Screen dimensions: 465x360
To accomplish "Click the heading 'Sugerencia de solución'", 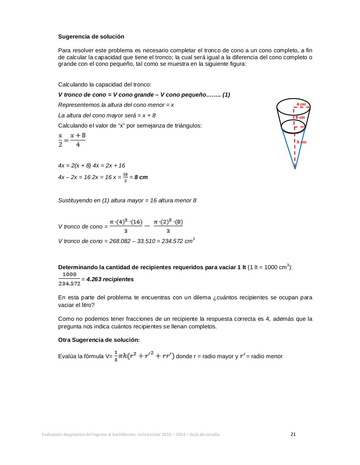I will [x=91, y=37].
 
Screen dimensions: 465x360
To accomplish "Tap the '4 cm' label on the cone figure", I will [x=301, y=104].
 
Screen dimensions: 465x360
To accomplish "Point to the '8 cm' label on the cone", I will [x=300, y=117].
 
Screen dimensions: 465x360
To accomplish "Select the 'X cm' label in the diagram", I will [x=301, y=142].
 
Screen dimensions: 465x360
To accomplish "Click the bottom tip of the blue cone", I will [x=295, y=169].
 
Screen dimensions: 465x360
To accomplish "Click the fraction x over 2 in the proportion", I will [x=60, y=140].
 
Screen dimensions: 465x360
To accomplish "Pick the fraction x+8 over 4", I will [x=78, y=140].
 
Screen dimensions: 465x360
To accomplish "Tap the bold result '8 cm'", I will [x=141, y=177].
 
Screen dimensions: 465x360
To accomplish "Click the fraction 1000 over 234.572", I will [x=69, y=279].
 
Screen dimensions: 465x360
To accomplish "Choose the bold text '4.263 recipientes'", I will [x=110, y=279].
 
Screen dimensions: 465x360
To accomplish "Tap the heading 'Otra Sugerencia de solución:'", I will [x=99, y=340].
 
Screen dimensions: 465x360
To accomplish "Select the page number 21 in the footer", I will [x=293, y=434].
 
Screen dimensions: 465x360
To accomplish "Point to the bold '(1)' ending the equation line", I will [x=226, y=95].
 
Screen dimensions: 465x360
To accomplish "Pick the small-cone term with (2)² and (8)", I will [x=168, y=226].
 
